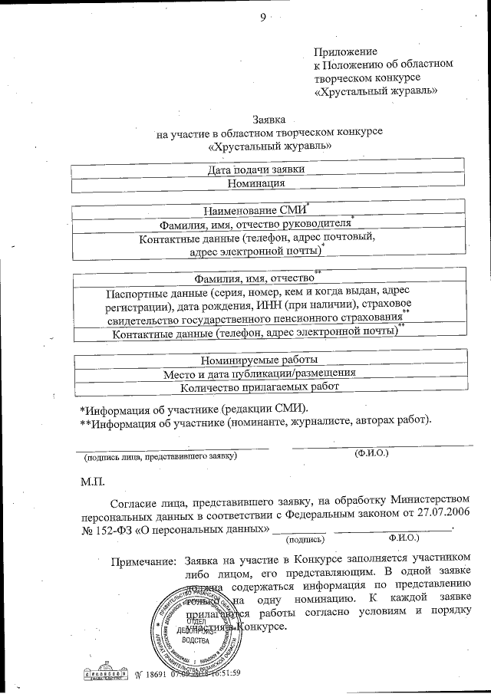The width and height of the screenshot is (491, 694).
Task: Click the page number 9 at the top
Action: click(262, 18)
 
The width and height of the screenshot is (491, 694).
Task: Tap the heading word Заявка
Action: click(269, 120)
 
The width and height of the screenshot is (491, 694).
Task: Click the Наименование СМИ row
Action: click(255, 209)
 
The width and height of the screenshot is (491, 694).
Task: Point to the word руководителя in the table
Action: click(310, 225)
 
